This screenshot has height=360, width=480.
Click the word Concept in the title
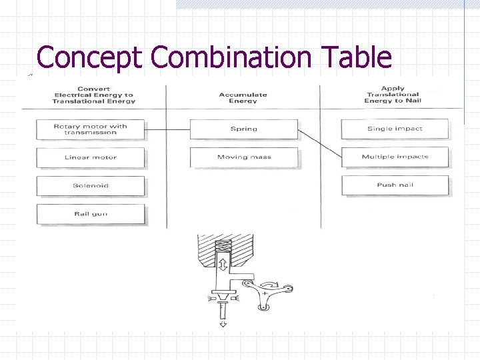[89, 57]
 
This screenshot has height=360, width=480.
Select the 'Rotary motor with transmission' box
[91, 129]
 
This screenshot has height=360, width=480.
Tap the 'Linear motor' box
[91, 157]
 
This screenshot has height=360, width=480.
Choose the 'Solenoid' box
[91, 186]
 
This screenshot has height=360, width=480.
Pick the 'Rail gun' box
[91, 214]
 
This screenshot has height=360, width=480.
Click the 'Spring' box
[243, 129]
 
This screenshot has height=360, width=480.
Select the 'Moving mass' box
[243, 157]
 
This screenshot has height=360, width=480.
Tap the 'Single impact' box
[395, 129]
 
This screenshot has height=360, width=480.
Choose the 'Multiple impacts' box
[395, 157]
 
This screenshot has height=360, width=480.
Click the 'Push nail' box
[395, 185]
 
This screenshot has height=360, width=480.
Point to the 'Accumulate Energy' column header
[243, 97]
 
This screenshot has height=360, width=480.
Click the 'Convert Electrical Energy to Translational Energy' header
[94, 95]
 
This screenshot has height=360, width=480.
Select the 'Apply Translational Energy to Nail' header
[392, 95]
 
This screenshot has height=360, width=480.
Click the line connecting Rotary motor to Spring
[167, 129]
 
